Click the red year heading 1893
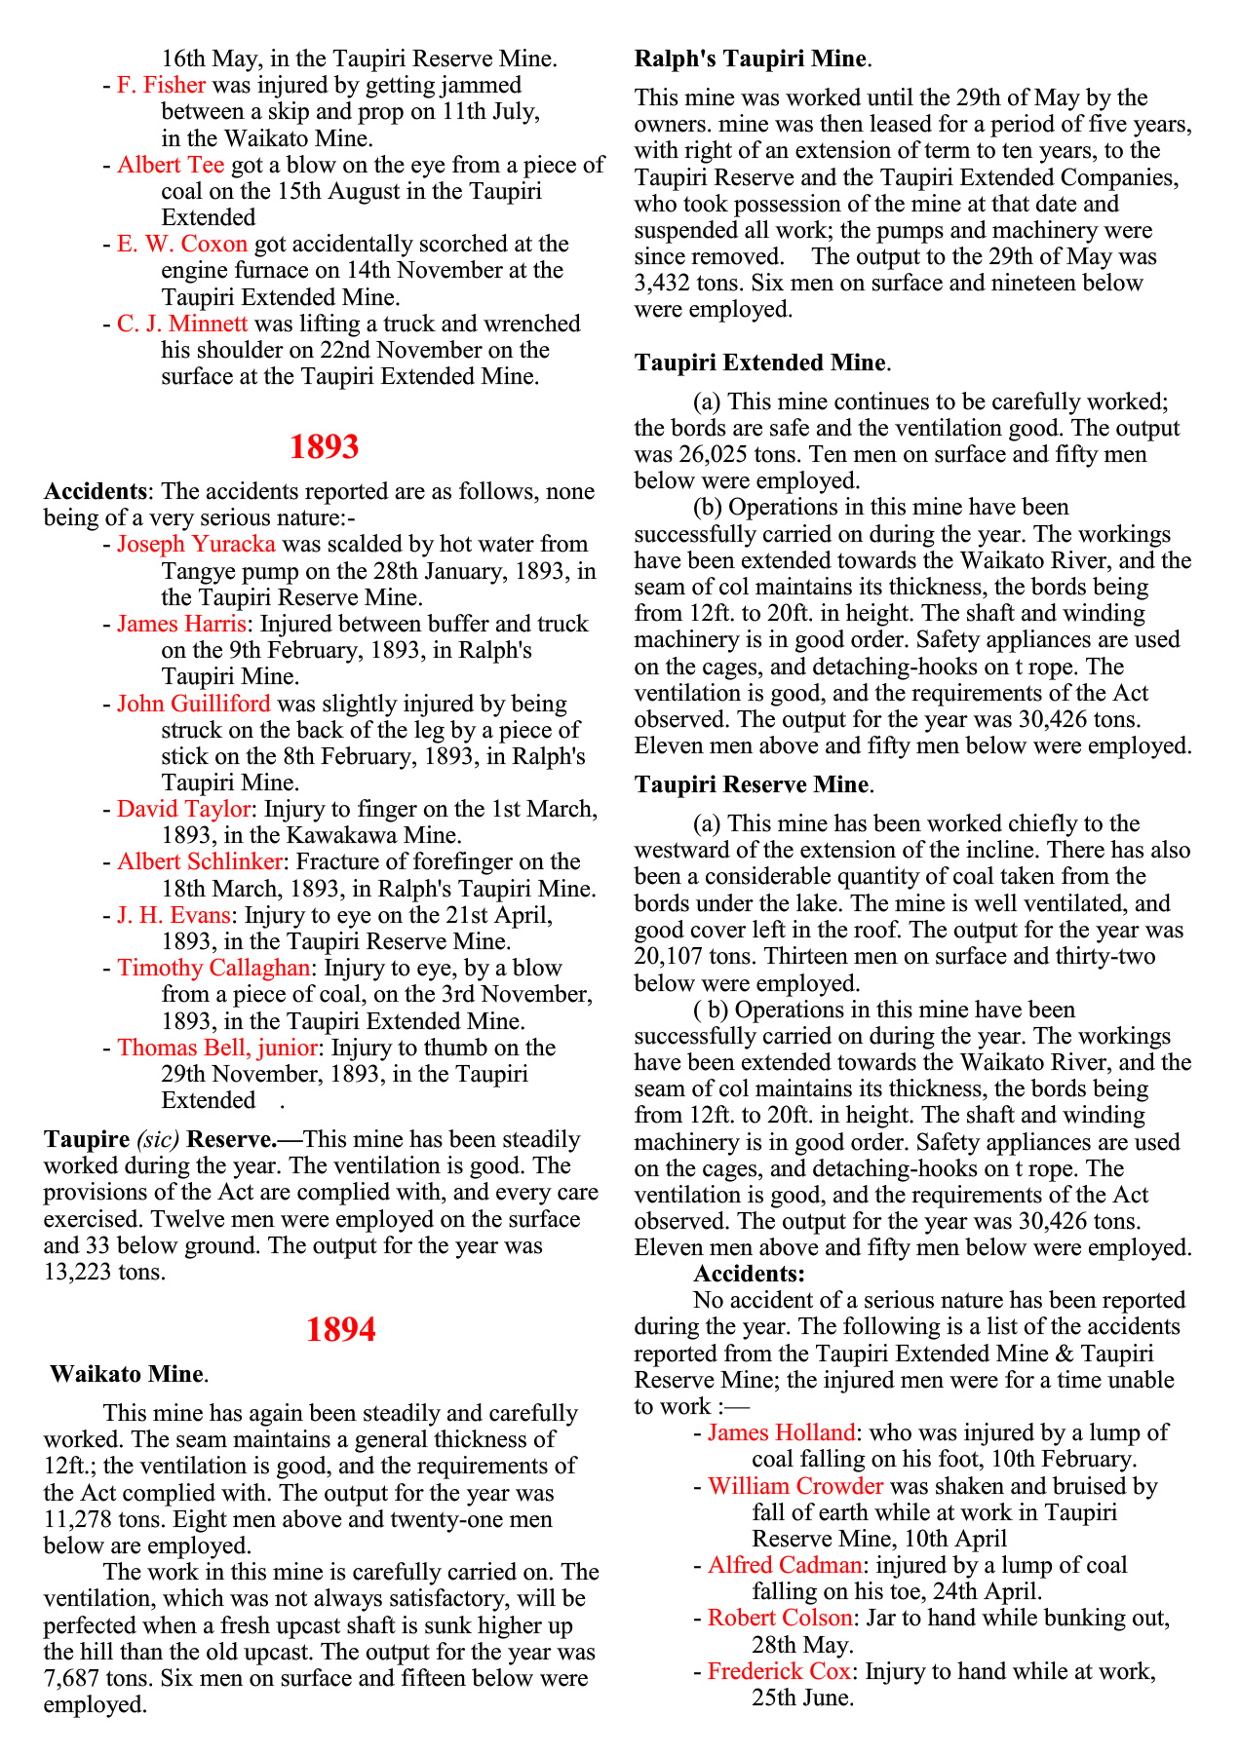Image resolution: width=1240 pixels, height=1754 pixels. (x=325, y=446)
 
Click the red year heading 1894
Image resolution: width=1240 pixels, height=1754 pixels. (x=340, y=1329)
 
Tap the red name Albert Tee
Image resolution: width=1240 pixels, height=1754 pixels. (x=171, y=165)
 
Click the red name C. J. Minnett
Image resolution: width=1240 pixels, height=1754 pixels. (x=182, y=324)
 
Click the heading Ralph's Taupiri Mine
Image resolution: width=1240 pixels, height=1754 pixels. (x=750, y=58)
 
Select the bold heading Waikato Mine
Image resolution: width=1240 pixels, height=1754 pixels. (x=127, y=1374)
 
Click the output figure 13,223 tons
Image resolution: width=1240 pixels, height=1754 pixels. (x=104, y=1272)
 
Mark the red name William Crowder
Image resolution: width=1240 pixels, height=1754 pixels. (x=795, y=1486)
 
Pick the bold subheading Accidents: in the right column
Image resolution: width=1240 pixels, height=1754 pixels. (x=749, y=1274)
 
